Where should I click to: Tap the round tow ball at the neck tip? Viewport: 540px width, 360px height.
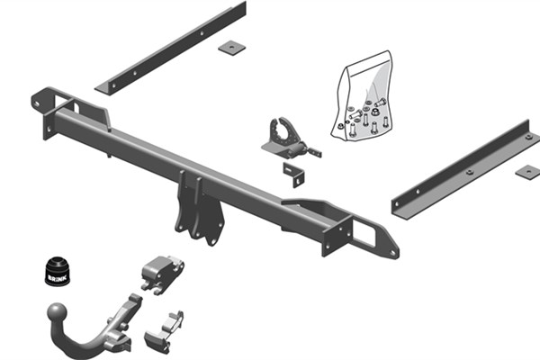coord(57,314)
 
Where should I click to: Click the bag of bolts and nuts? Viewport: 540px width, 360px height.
coord(364,99)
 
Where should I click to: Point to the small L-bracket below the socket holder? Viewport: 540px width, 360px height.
coord(294,173)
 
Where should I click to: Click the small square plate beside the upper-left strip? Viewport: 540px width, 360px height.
coord(232,47)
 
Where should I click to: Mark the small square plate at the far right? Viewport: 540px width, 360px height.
coord(528,171)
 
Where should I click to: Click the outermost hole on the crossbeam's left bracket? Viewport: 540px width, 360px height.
coord(37,103)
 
